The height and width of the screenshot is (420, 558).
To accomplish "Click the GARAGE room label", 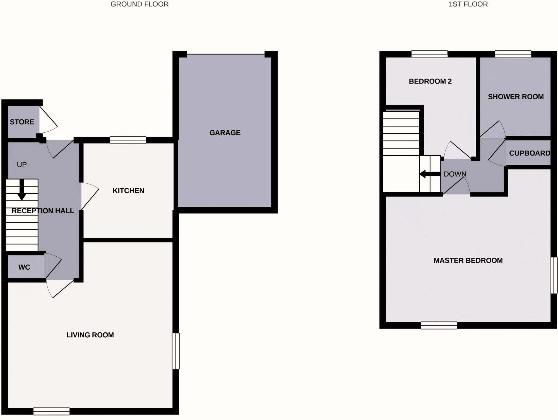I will point(225,133).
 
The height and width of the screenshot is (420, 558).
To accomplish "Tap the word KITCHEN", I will point(128,191).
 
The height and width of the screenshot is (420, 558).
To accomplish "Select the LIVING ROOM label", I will point(90,335).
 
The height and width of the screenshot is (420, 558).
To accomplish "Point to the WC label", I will point(24,267).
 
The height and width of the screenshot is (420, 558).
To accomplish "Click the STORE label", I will point(22,122).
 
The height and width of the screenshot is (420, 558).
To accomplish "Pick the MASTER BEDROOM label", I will point(468,261).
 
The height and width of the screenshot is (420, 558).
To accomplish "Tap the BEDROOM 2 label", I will point(430,81).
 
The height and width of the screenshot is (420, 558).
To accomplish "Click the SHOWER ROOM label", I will point(516,97).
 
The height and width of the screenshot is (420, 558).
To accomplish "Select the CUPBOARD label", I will point(530,153).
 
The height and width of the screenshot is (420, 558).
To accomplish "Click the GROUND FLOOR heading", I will point(139,4).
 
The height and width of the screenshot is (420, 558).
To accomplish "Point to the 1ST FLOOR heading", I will point(468,4).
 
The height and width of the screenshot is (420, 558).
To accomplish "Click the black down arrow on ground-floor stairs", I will point(21,190).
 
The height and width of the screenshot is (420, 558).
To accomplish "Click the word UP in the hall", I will point(21,165).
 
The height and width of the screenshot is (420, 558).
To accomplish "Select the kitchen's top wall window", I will point(128,140).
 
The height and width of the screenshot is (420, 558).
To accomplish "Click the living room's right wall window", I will point(175,351).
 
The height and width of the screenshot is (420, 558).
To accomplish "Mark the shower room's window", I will point(513,54).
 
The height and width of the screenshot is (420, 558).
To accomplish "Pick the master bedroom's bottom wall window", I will point(439,325).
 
